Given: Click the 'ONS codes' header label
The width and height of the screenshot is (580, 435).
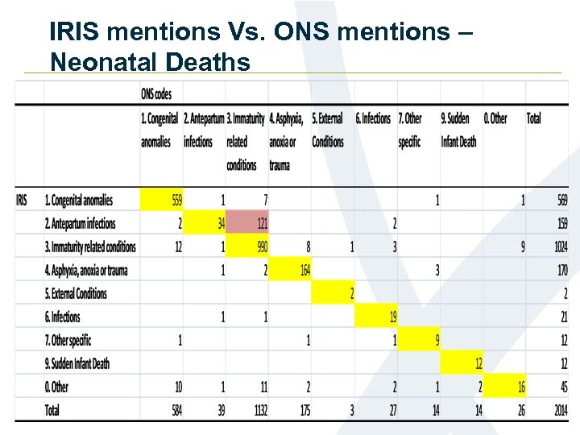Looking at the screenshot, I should coord(156,94).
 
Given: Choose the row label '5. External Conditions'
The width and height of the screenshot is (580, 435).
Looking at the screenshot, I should coord(76,293).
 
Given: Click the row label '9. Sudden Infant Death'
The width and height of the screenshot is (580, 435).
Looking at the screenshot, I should coord(77,363).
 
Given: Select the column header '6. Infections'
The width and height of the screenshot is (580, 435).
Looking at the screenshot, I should coord(373,118).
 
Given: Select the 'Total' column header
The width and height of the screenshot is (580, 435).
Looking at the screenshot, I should coord(533,118).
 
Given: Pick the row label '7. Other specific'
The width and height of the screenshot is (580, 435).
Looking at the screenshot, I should coord(68,340).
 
